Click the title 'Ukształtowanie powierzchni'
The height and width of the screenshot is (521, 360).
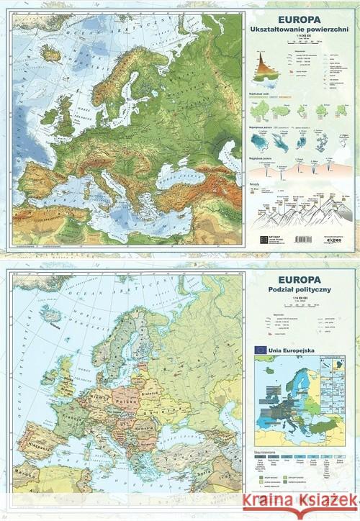[x=305, y=30]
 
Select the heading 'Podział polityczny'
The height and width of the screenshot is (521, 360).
[x=305, y=289]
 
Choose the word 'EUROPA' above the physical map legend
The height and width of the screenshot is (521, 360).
[x=305, y=17]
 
